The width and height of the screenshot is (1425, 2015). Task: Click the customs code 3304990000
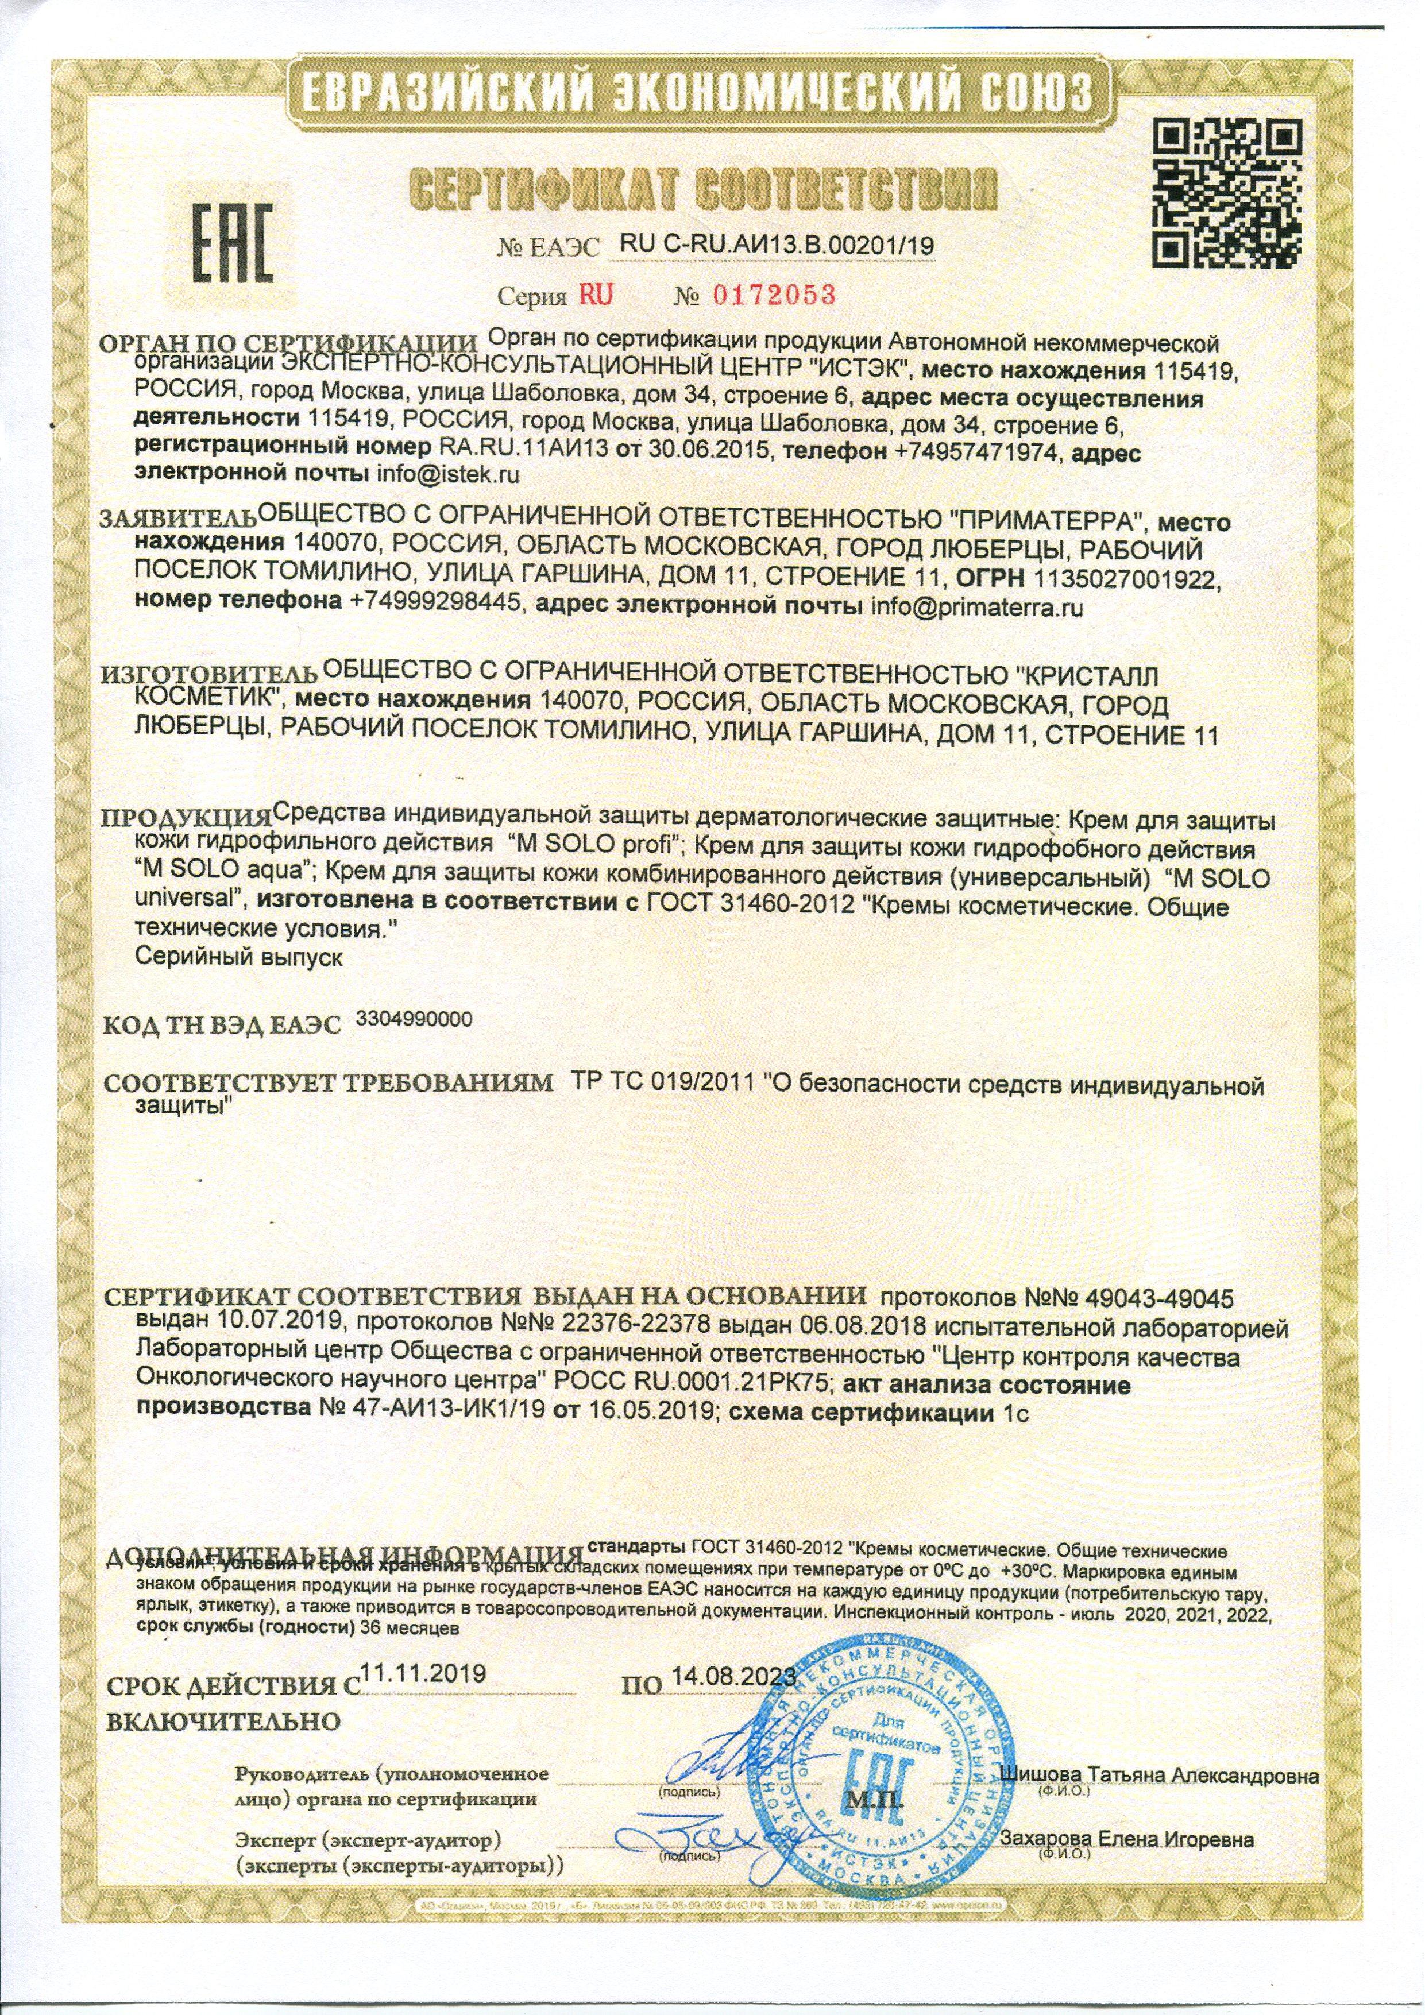415,1018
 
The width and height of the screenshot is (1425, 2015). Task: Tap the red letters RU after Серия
595,295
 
